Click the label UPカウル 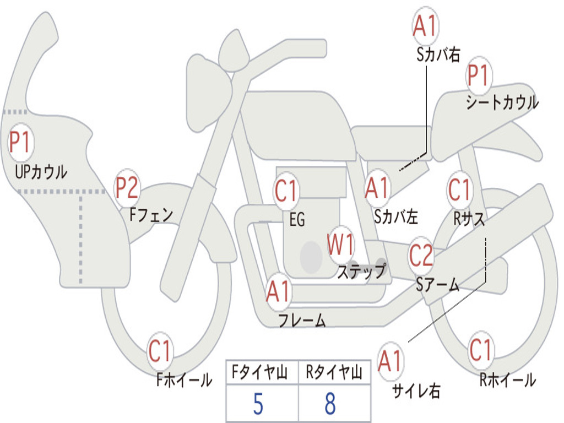41,172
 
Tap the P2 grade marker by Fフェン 127,188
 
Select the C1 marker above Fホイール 160,352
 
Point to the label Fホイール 184,379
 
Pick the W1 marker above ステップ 341,245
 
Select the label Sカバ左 396,217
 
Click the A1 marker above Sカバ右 425,26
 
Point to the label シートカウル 502,103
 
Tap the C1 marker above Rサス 459,190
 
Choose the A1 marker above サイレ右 391,361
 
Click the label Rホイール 507,379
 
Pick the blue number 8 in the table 330,404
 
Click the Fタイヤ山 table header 262,373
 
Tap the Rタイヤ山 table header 334,373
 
